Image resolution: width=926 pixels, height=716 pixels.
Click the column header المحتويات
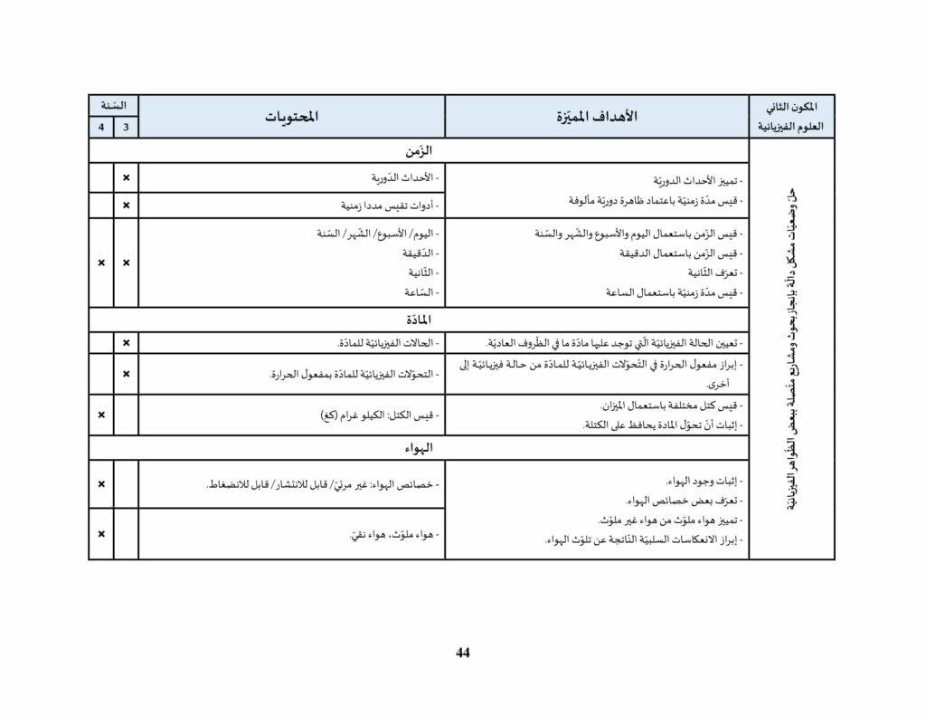291,117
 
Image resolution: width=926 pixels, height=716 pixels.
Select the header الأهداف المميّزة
596,117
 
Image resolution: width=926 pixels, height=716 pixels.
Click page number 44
463,653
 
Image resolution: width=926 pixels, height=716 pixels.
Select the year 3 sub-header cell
126,128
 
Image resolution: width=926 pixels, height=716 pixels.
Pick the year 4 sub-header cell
100,128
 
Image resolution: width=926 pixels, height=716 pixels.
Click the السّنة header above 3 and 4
113,106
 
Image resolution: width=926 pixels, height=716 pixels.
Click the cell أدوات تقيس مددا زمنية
383,205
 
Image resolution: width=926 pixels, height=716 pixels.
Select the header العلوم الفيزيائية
792,128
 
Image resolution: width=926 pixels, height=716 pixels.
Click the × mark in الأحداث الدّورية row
126,178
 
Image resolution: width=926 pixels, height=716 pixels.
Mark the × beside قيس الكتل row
100,415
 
